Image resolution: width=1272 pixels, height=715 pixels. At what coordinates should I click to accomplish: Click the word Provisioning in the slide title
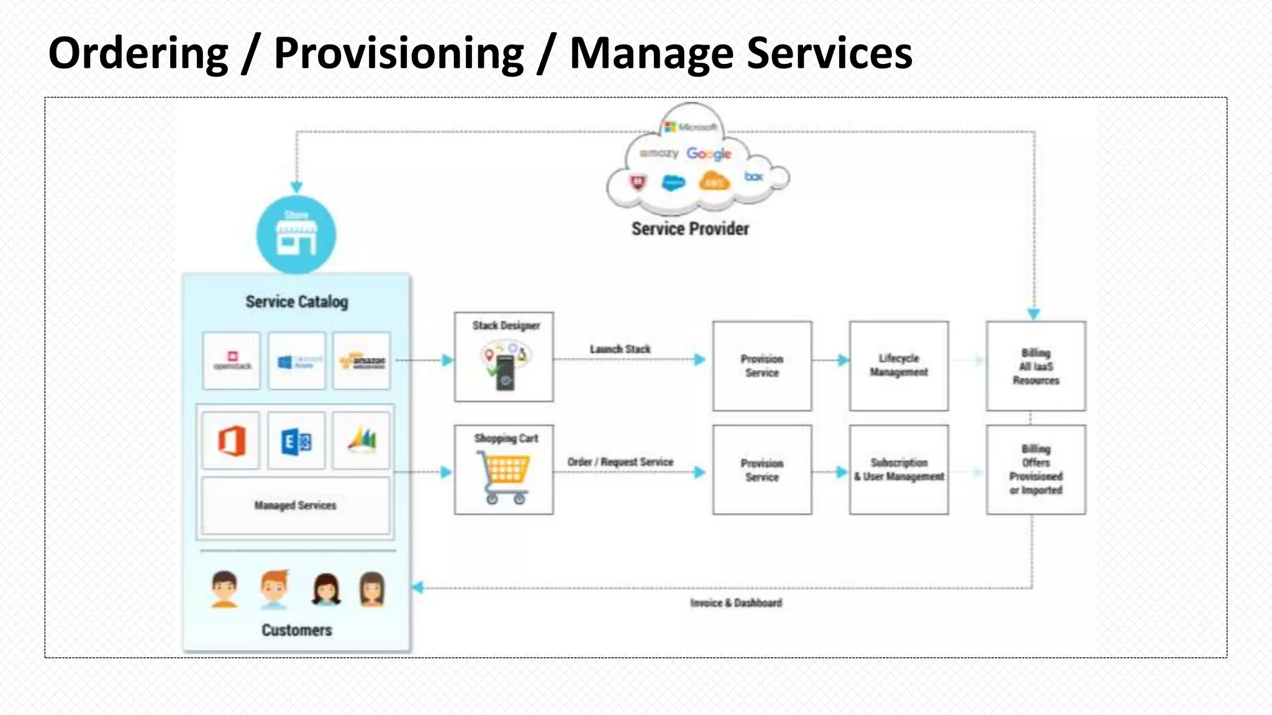click(x=399, y=53)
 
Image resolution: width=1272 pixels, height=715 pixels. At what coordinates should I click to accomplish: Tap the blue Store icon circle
click(x=296, y=235)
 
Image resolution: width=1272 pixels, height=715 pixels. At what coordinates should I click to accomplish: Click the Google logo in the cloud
click(x=708, y=153)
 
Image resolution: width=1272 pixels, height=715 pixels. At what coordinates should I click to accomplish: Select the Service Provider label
click(x=690, y=229)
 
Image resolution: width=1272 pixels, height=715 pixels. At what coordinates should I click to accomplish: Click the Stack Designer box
click(x=504, y=357)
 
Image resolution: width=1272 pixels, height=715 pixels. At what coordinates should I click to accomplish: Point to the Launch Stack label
click(x=620, y=349)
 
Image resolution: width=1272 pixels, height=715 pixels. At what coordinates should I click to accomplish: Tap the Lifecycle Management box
click(x=899, y=366)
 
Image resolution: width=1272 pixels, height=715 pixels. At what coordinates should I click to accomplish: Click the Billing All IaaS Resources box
click(x=1035, y=366)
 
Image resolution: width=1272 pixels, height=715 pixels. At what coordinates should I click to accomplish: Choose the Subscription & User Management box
click(x=899, y=470)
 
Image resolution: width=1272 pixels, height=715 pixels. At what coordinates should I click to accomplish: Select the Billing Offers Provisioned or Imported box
click(x=1035, y=470)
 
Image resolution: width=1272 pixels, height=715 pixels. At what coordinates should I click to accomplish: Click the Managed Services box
click(x=296, y=505)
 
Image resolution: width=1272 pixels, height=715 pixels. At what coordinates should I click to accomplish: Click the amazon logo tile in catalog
click(x=362, y=361)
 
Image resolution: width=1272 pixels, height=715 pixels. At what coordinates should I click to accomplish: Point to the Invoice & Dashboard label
click(x=736, y=603)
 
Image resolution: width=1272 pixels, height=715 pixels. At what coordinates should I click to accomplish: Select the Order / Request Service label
click(x=620, y=462)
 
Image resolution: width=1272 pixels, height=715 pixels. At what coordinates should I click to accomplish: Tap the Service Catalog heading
click(x=296, y=302)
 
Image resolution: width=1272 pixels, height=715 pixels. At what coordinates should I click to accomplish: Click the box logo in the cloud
click(x=753, y=176)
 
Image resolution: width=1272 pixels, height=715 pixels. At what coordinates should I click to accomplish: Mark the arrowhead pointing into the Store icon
click(x=296, y=187)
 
